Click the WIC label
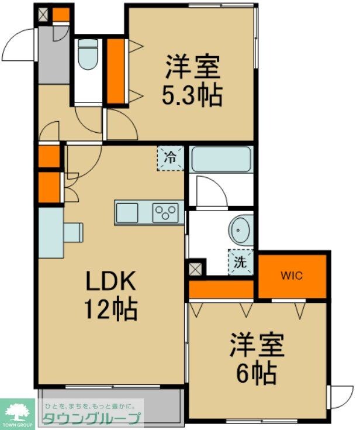click(x=291, y=276)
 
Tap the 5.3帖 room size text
click(x=192, y=95)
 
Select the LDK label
click(x=110, y=281)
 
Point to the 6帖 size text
click(x=256, y=373)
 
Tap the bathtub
click(x=221, y=159)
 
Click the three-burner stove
click(x=165, y=213)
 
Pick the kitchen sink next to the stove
click(x=127, y=213)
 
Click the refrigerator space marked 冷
click(x=170, y=158)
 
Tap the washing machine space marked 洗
click(x=241, y=262)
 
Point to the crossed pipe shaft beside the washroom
click(x=196, y=269)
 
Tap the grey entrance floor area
click(x=54, y=55)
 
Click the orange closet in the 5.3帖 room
click(x=115, y=71)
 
